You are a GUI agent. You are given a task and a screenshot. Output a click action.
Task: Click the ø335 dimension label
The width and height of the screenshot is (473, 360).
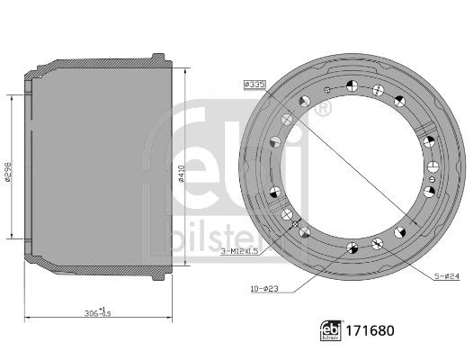point(254,85)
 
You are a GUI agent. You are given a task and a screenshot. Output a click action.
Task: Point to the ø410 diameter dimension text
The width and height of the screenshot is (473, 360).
point(181,174)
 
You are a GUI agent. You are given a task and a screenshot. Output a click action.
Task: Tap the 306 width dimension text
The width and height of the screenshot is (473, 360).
point(98,312)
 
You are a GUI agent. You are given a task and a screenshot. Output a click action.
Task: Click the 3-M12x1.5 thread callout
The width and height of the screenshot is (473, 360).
point(240,251)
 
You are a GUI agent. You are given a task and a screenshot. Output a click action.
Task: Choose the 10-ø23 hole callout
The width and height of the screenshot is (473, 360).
point(264,289)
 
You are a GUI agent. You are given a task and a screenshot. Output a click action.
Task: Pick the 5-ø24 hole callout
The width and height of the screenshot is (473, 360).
point(446,276)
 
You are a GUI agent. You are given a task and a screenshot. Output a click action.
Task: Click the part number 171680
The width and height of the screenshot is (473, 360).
point(370,330)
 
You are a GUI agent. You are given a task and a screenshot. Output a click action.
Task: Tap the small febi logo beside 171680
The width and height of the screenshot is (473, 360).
point(331,330)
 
